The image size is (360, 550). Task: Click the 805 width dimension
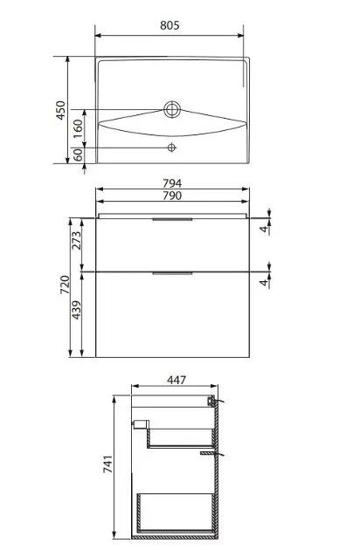(x=170, y=25)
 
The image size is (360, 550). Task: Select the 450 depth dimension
(x=61, y=110)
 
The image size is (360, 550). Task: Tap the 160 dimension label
(x=78, y=128)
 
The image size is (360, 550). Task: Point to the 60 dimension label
(x=78, y=155)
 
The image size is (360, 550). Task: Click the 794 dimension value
(x=172, y=183)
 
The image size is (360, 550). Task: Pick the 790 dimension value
(x=172, y=196)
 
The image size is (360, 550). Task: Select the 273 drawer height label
(x=76, y=240)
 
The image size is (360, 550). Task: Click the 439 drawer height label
(x=76, y=310)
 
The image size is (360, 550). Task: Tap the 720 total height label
(x=65, y=285)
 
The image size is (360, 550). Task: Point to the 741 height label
(x=107, y=464)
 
